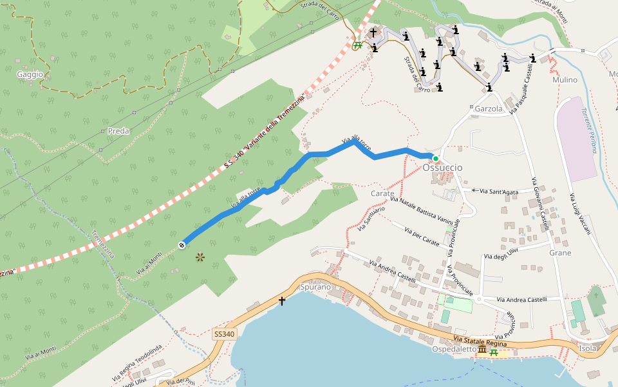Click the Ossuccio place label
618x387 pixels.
click(x=442, y=168)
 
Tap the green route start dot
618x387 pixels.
click(x=435, y=159)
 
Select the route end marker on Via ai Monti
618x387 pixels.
click(x=182, y=244)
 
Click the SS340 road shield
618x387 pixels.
click(x=224, y=334)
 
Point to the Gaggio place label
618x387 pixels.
click(x=30, y=74)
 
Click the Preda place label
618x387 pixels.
click(x=118, y=131)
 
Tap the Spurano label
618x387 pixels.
click(x=315, y=286)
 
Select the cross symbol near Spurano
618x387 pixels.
click(x=281, y=301)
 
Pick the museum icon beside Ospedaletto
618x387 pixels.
click(x=482, y=349)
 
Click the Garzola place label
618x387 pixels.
click(x=488, y=109)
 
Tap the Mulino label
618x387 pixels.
click(x=565, y=80)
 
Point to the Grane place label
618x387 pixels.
click(x=560, y=253)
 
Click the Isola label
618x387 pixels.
click(x=588, y=348)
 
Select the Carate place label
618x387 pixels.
click(x=382, y=193)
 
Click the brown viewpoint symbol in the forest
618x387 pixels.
click(x=200, y=257)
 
